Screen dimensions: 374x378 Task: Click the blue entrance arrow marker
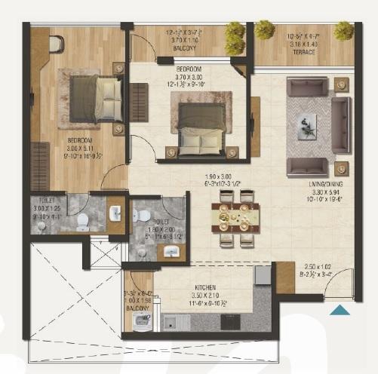click(x=341, y=308)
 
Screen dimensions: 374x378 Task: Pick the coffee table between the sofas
click(x=308, y=126)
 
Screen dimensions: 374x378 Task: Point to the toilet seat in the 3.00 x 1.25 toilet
click(x=82, y=221)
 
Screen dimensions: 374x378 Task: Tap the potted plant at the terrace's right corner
click(x=344, y=30)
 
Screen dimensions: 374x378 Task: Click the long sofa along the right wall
click(x=341, y=124)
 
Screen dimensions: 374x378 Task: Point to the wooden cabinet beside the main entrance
click(x=285, y=277)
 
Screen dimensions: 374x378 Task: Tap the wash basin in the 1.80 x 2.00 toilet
click(x=171, y=252)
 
